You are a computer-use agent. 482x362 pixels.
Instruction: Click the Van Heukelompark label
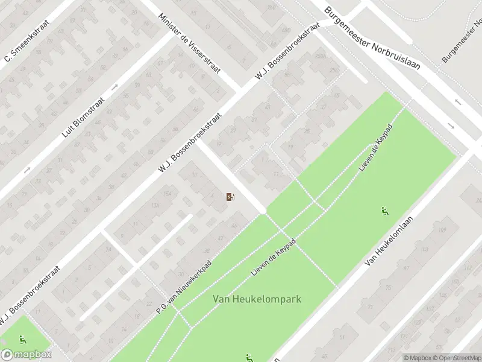coord(257,299)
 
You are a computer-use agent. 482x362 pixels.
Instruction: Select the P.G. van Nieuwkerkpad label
coord(184,287)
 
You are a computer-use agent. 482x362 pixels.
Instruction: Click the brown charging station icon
coord(230,197)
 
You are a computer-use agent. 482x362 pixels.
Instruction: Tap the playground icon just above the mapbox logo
coord(23,339)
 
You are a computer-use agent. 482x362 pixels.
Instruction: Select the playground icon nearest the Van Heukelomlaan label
coord(384,211)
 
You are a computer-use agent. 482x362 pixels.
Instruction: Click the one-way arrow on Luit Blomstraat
coord(27,171)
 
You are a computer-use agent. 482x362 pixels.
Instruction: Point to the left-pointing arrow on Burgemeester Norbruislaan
coord(458,102)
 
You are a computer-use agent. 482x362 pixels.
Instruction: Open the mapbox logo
coord(26,354)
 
